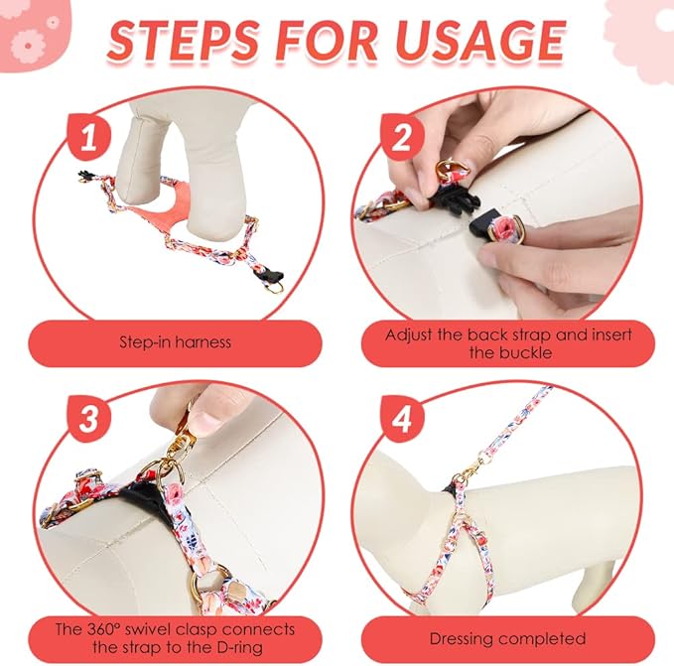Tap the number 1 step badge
click(89, 138)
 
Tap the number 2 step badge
click(402, 138)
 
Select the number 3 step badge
click(89, 419)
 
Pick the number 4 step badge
click(402, 419)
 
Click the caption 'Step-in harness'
click(175, 342)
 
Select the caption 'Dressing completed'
click(507, 639)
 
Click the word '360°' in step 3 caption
click(102, 629)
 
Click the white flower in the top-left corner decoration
click(28, 45)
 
